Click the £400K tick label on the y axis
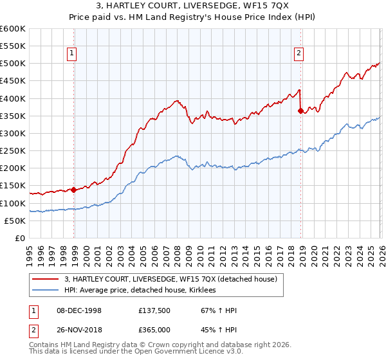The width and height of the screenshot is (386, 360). pyautogui.click(x=12, y=98)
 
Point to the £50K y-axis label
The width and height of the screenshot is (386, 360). pyautogui.click(x=15, y=221)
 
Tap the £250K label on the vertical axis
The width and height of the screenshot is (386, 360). pyautogui.click(x=12, y=150)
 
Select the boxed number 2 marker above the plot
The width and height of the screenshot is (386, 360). pyautogui.click(x=299, y=54)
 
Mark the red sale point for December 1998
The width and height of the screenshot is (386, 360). pyautogui.click(x=73, y=190)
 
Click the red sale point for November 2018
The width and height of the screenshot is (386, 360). pyautogui.click(x=300, y=111)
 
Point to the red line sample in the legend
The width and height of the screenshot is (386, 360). pyautogui.click(x=46, y=279)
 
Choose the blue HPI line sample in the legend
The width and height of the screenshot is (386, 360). pyautogui.click(x=46, y=290)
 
